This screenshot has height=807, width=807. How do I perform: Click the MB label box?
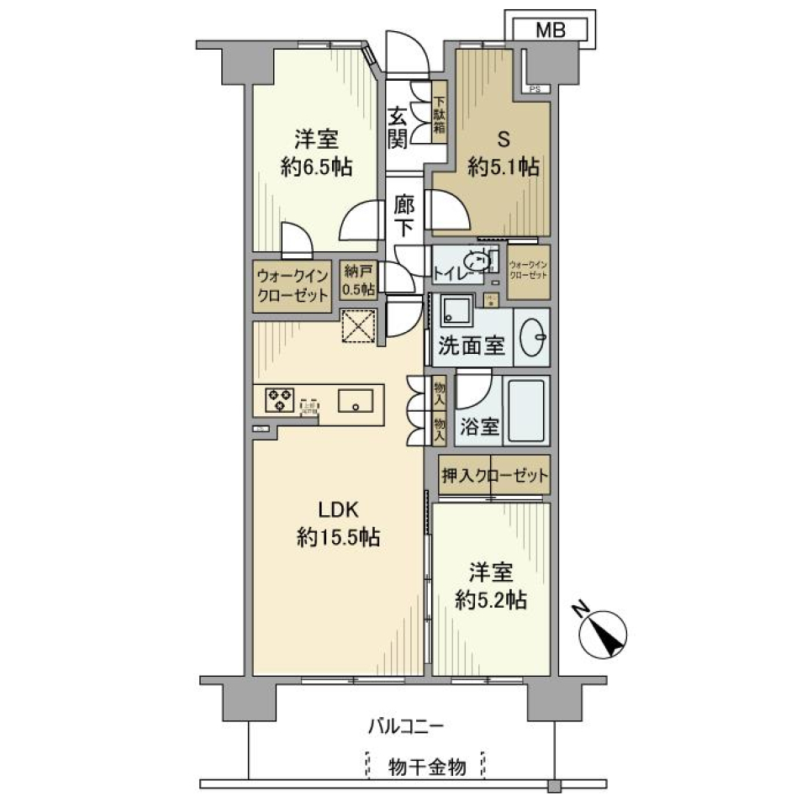click(551, 29)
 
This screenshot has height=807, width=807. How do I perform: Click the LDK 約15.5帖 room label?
click(338, 524)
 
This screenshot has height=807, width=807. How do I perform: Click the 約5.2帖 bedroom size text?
click(491, 600)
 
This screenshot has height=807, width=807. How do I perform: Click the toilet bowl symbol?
click(476, 262)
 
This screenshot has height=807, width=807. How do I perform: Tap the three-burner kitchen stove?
click(280, 399)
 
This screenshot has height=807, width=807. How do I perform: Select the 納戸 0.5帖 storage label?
click(359, 281)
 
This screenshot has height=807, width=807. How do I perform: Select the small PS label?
click(535, 89)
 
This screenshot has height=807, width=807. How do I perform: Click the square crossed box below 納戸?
click(358, 326)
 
